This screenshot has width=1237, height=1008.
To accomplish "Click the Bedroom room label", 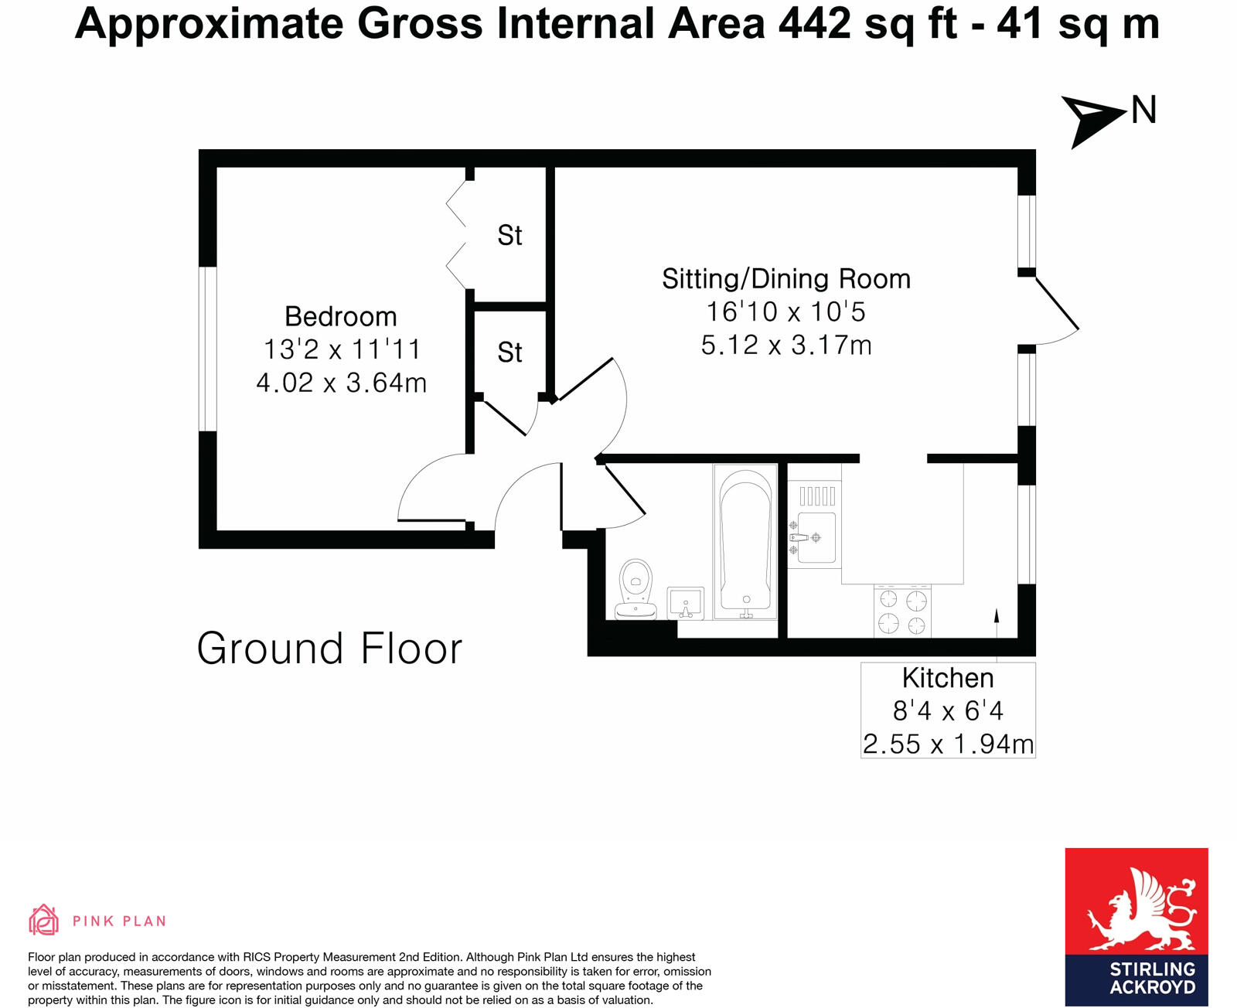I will point(340,316).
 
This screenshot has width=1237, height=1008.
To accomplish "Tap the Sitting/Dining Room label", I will point(785,278).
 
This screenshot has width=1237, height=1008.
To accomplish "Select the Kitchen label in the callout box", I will point(947,678).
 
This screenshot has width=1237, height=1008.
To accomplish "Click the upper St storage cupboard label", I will point(509,235).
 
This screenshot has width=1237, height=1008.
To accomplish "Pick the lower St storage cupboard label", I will point(509,352).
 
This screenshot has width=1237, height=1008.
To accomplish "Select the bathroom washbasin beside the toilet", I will point(685,603).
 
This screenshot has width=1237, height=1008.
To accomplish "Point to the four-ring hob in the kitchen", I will point(902,611).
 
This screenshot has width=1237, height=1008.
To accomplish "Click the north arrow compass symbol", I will point(1091,120).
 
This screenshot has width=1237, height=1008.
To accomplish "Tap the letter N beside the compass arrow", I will point(1143,110).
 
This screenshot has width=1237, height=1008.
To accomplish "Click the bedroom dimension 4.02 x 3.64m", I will point(341,383).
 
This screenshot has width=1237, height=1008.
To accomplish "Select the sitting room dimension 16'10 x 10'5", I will point(785,312).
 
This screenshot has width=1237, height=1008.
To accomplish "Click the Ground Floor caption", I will point(329,648).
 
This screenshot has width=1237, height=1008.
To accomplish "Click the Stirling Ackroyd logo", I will point(1136,926).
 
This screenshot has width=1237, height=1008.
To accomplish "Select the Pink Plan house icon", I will point(44,920).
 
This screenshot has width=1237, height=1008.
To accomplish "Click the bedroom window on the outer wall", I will point(207,349).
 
